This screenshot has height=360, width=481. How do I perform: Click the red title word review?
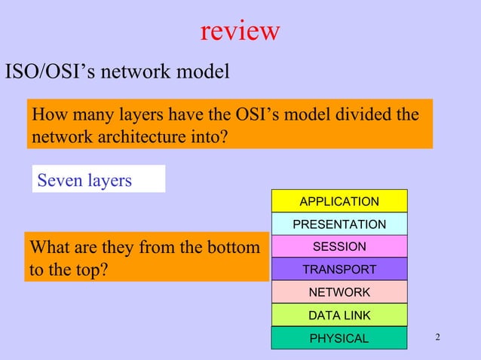(x=240, y=31)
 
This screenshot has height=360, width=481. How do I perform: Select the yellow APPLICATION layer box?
(x=339, y=201)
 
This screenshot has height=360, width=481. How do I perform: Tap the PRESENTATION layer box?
(x=339, y=224)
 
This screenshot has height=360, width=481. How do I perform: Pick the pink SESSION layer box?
(x=339, y=246)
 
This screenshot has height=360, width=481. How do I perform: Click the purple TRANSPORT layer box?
(x=339, y=269)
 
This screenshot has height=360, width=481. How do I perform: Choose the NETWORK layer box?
(x=339, y=291)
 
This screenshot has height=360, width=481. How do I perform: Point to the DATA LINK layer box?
(x=339, y=315)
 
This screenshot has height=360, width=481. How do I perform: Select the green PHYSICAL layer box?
(x=339, y=338)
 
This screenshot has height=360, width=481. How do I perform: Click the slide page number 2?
(x=438, y=336)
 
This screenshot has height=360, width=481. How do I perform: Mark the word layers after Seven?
(x=110, y=181)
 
